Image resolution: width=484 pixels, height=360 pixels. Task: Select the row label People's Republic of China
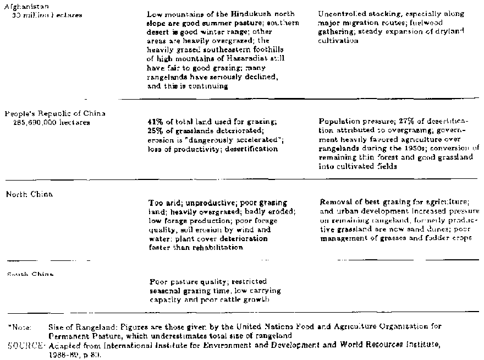tap(54, 113)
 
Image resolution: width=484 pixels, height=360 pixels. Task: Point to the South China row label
tap(30, 274)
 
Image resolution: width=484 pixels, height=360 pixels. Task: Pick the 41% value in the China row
tap(155, 121)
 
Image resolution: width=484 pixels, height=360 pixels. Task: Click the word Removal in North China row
tap(334, 202)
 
